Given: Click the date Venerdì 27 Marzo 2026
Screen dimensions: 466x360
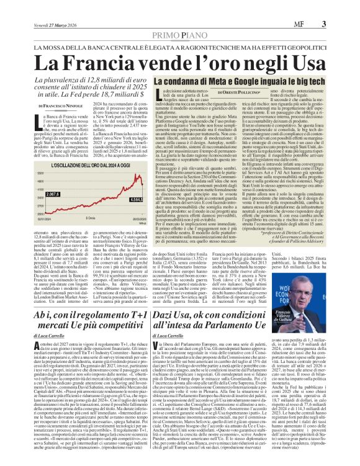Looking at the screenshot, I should click(x=38, y=7).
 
